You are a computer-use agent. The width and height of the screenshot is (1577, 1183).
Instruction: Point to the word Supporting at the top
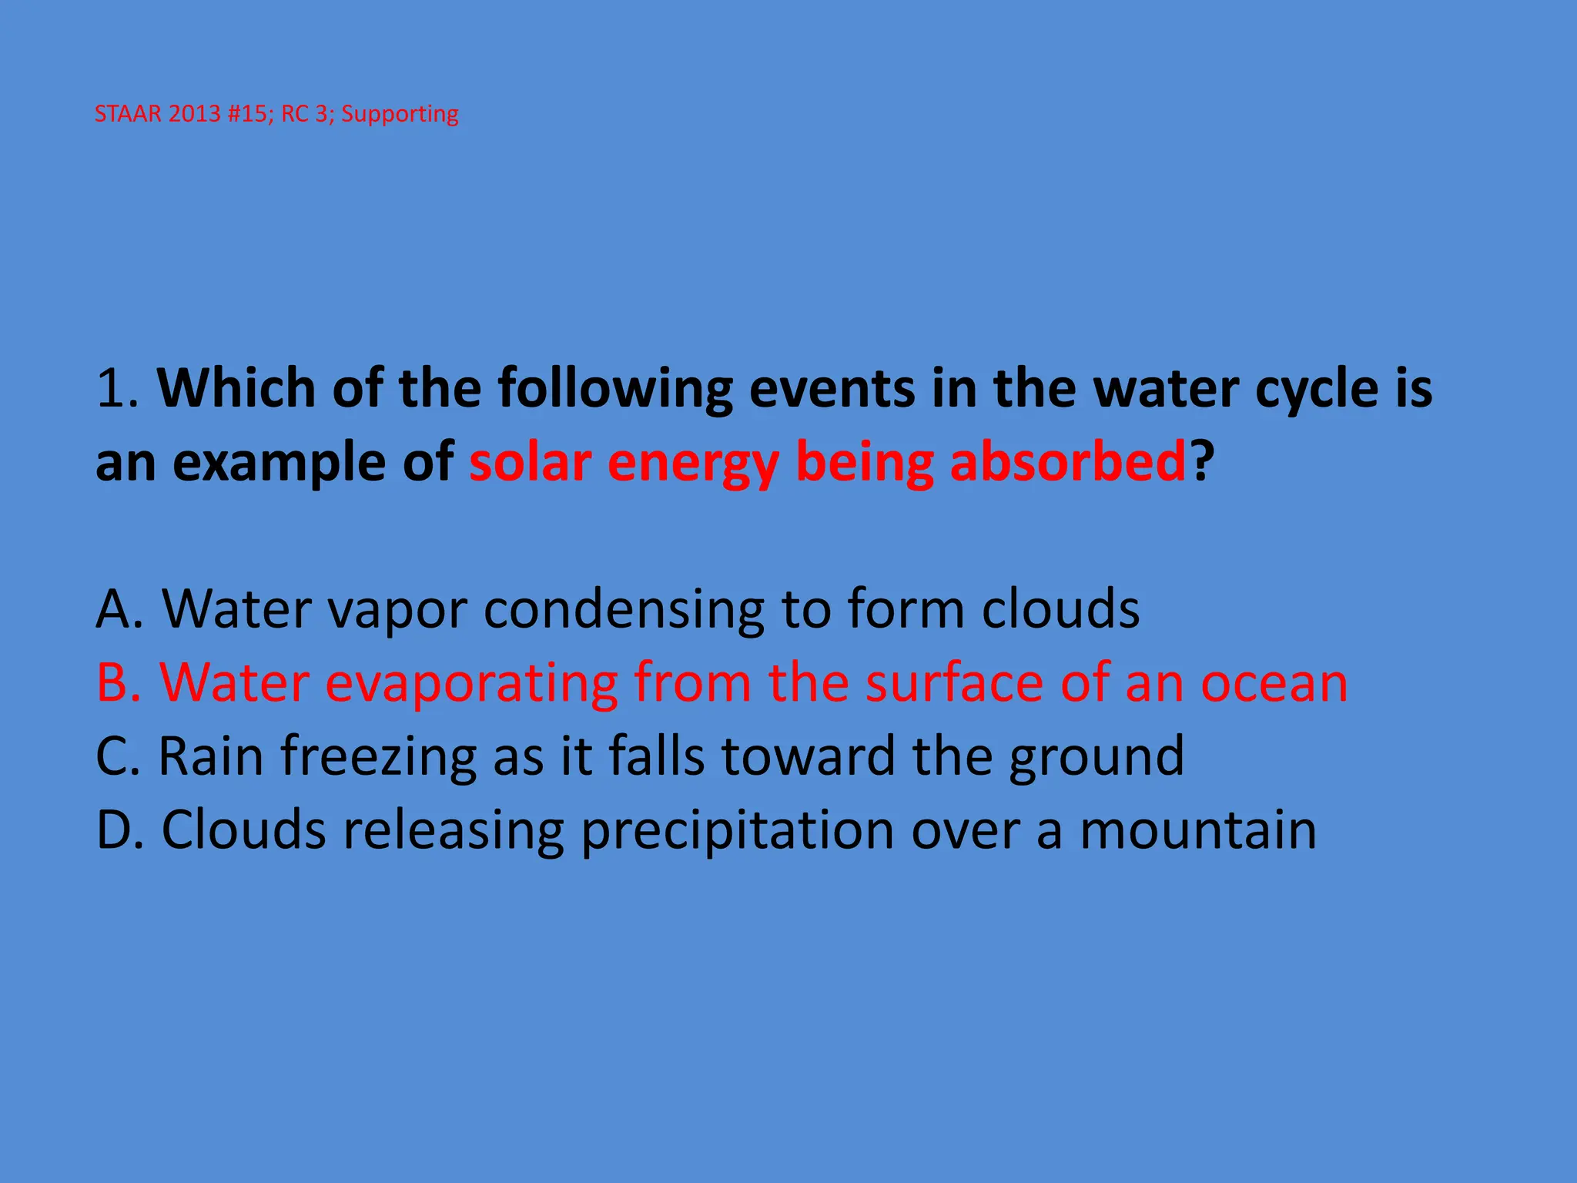pyautogui.click(x=400, y=115)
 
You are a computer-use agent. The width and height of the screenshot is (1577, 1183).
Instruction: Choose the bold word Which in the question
pyautogui.click(x=236, y=389)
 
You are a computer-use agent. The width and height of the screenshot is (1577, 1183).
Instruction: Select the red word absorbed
pyautogui.click(x=1067, y=462)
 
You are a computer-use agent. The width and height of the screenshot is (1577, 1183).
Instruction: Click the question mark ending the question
pyautogui.click(x=1202, y=462)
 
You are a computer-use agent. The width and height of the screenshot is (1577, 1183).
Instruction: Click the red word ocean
pyautogui.click(x=1274, y=684)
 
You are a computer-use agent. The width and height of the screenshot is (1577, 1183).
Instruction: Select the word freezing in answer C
pyautogui.click(x=378, y=757)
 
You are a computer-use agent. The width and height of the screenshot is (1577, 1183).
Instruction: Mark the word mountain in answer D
pyautogui.click(x=1197, y=830)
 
